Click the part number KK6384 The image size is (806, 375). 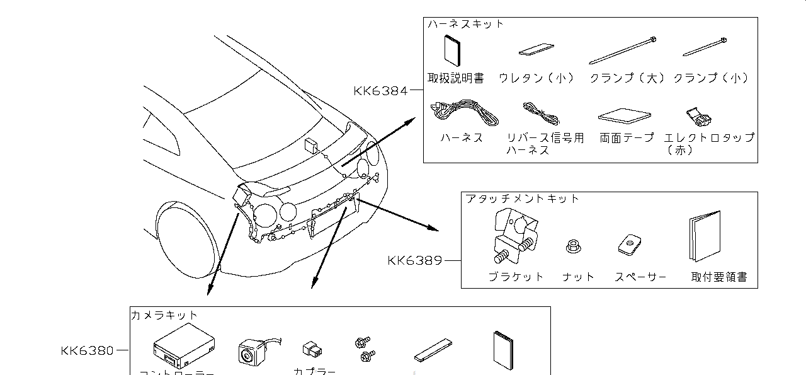click(380, 91)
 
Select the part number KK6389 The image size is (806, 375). click(415, 260)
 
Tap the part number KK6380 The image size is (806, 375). click(88, 350)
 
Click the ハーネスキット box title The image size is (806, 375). click(466, 24)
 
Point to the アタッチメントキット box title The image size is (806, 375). click(522, 199)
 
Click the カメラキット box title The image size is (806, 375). click(164, 314)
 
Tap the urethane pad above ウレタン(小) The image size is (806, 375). click(536, 50)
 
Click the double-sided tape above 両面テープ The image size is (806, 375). click(626, 116)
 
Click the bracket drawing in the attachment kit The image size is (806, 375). click(513, 236)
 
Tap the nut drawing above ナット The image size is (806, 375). click(573, 246)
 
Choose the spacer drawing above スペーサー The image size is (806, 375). click(629, 245)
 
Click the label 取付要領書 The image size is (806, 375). click(718, 277)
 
